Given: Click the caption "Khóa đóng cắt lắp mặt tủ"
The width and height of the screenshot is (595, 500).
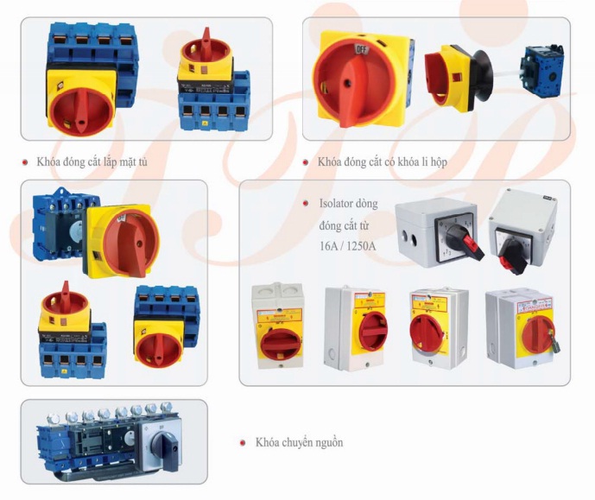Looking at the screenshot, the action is [x=92, y=161].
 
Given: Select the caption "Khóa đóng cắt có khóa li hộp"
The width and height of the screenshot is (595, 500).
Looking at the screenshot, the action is [x=382, y=161].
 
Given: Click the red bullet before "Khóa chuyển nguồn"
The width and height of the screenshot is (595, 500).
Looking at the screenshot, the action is [x=244, y=443].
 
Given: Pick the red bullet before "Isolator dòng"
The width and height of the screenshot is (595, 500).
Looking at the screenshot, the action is [x=307, y=204].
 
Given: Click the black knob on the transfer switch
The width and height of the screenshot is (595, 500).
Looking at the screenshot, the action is [x=164, y=443].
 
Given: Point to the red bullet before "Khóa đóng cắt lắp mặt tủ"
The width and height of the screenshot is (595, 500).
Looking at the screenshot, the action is [x=27, y=161].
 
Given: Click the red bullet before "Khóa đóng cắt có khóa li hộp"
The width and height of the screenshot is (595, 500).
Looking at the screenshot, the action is [x=307, y=161].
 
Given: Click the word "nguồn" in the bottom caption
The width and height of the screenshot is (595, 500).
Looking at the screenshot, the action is [x=325, y=442].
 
